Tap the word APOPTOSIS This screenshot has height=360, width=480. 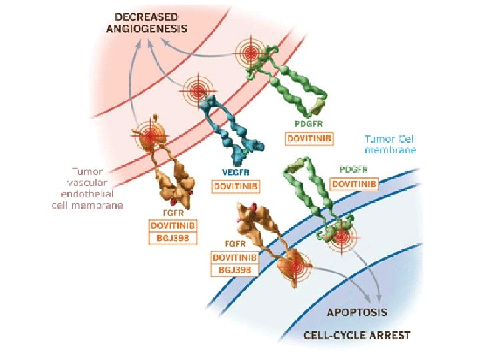(357, 312)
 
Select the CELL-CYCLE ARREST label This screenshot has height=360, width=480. (357, 335)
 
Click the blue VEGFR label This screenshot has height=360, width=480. (235, 172)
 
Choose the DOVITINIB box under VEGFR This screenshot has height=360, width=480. (235, 186)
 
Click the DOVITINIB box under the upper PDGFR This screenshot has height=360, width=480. (309, 139)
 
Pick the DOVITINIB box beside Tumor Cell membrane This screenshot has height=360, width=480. (354, 183)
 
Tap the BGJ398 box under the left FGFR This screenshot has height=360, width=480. (173, 238)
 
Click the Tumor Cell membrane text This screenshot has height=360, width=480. (390, 145)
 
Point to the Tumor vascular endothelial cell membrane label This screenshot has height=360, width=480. (87, 188)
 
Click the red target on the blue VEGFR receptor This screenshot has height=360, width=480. (197, 91)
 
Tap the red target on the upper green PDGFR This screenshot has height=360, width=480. (251, 52)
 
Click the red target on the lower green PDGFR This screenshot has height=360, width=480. (341, 237)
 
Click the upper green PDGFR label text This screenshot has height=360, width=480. (309, 125)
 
